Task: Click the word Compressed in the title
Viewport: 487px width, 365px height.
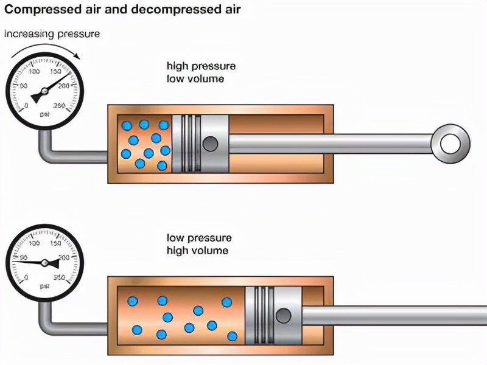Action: point(42,10)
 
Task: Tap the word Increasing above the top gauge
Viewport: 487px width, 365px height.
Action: point(29,34)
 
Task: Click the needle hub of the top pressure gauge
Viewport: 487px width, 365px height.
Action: point(43,92)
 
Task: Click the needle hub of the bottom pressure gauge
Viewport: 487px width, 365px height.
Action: point(46,263)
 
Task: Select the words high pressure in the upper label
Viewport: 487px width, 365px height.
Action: point(201,66)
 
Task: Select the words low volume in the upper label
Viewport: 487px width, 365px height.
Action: point(195,79)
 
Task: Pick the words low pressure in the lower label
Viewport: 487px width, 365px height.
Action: point(199,238)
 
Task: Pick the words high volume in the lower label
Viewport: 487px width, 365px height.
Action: point(197,251)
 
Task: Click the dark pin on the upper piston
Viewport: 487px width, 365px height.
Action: point(211,144)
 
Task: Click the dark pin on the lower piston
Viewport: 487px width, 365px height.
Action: point(283,316)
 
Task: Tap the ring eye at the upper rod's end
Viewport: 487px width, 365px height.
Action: point(450,144)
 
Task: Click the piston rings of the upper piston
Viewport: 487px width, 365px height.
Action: point(187,144)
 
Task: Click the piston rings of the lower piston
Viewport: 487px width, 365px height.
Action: point(260,316)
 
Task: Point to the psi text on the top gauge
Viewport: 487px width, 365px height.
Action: point(44,114)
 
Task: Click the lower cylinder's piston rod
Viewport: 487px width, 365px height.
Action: point(396,316)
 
